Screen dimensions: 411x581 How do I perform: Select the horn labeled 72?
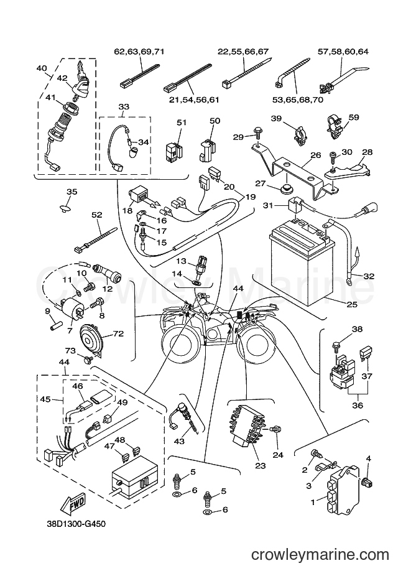(x=90, y=338)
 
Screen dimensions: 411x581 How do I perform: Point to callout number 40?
(x=42, y=68)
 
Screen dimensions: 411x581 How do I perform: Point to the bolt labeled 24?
(x=275, y=429)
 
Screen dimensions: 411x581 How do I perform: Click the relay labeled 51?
(x=174, y=149)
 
